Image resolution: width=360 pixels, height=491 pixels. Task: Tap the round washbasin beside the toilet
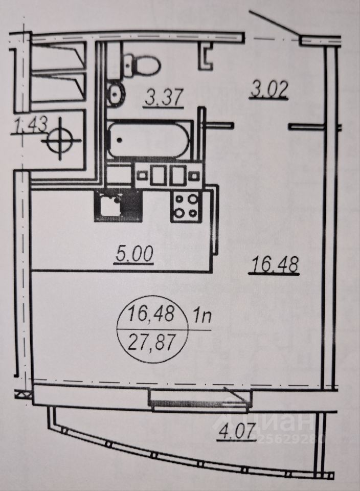[116, 94]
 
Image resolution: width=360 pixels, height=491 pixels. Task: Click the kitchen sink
[110, 206]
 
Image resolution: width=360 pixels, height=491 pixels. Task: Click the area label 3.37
[164, 96]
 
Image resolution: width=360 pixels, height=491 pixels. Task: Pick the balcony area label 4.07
[237, 436]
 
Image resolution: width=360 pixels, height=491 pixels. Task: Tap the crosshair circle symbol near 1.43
[62, 138]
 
